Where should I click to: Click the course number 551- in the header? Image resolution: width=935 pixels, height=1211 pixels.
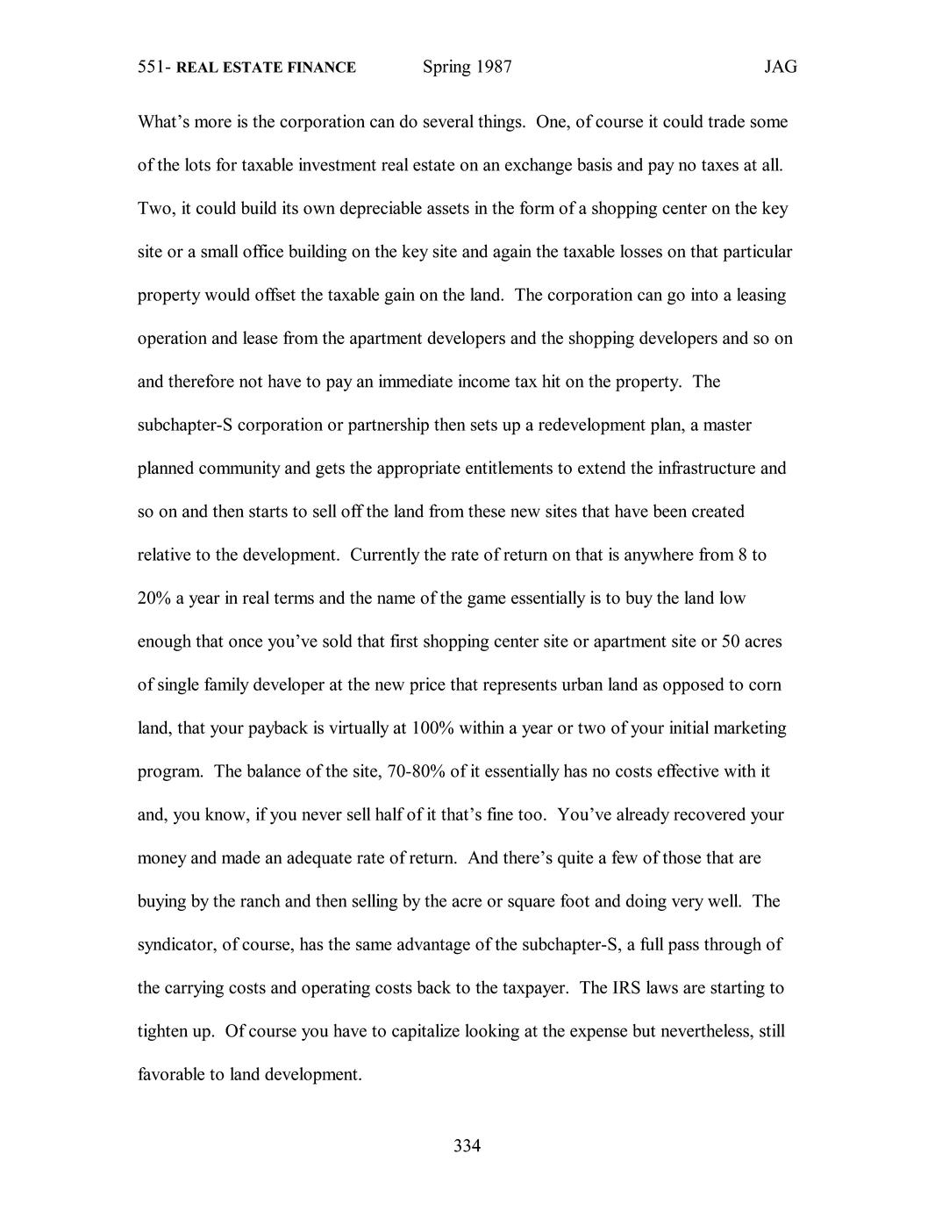coord(154,68)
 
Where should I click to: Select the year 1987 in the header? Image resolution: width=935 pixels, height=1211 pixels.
coord(494,67)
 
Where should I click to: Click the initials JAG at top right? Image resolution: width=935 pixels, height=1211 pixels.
coord(780,67)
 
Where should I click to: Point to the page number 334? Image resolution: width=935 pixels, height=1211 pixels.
coord(467,1145)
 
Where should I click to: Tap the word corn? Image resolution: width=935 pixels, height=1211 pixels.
coord(765,684)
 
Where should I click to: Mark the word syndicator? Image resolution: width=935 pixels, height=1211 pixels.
coord(175,945)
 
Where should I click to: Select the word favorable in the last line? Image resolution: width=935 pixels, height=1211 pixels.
coord(171,1074)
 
